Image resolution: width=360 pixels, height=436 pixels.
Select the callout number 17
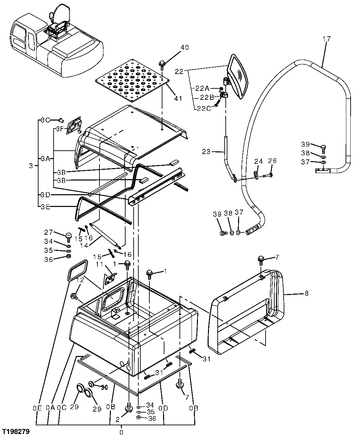pyautogui.click(x=326, y=39)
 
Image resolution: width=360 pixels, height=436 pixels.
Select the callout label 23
pyautogui.click(x=206, y=151)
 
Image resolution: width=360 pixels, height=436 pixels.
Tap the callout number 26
pyautogui.click(x=272, y=161)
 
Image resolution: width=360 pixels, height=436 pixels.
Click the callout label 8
pyautogui.click(x=306, y=293)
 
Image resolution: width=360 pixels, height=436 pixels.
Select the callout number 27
pyautogui.click(x=49, y=232)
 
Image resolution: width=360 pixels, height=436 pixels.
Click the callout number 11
pyautogui.click(x=99, y=265)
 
